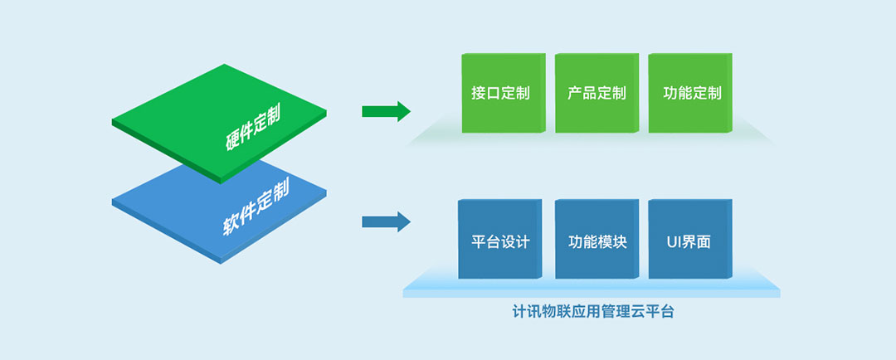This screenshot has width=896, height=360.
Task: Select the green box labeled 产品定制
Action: (x=597, y=93)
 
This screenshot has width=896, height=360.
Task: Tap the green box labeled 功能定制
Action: (x=691, y=93)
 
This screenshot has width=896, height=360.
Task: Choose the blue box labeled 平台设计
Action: (x=500, y=242)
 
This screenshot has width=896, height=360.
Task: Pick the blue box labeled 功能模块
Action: (x=597, y=242)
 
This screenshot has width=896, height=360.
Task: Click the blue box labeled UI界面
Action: (x=689, y=242)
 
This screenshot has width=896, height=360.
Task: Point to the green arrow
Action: (x=386, y=111)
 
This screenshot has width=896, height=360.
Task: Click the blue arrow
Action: (x=386, y=221)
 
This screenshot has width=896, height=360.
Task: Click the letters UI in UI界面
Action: (x=674, y=242)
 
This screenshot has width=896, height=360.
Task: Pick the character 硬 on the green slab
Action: (x=231, y=142)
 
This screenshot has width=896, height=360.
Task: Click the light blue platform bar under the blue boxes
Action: (x=591, y=290)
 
